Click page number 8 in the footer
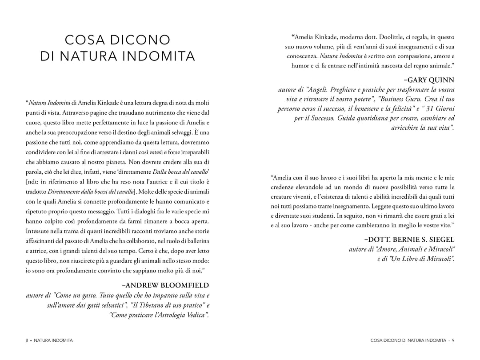(27, 340)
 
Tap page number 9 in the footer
(453, 340)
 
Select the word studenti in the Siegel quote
(320, 216)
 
